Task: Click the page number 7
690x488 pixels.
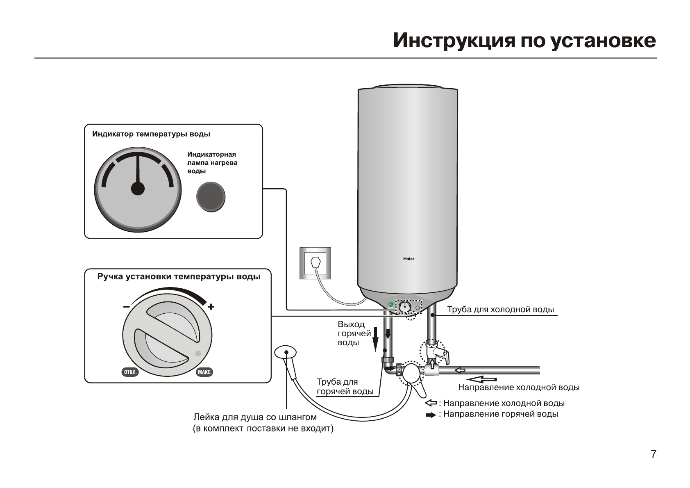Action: click(x=653, y=454)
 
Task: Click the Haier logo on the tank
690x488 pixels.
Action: click(x=409, y=259)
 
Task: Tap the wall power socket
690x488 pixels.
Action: click(x=315, y=263)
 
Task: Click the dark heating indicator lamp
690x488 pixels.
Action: click(x=211, y=196)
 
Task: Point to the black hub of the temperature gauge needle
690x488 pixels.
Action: click(x=138, y=189)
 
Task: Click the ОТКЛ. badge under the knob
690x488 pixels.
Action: click(x=130, y=372)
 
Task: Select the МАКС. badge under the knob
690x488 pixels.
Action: click(x=204, y=372)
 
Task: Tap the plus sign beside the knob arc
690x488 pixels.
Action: click(x=211, y=307)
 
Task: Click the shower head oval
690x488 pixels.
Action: click(x=285, y=352)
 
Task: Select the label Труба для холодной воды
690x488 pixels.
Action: click(x=500, y=309)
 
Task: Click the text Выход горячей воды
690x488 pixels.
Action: click(x=354, y=333)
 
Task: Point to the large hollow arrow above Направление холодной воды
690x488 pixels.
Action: click(x=482, y=379)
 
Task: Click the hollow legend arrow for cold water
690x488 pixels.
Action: click(x=431, y=403)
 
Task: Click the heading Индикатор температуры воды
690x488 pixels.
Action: click(x=151, y=134)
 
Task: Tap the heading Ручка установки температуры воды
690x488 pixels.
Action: click(x=179, y=276)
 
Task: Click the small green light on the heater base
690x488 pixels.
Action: click(x=390, y=305)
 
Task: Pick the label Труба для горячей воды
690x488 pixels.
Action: click(x=345, y=387)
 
